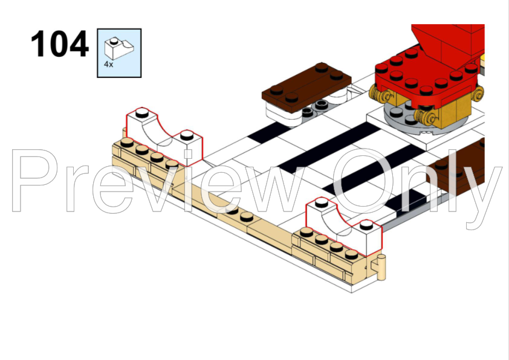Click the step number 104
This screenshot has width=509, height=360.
(x=59, y=43)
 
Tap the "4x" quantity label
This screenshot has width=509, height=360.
(x=108, y=64)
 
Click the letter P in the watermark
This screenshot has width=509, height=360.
(x=34, y=181)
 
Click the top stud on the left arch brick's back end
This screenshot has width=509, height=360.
(x=142, y=112)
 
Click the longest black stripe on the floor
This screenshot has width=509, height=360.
(x=328, y=147)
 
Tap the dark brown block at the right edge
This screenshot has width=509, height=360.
(x=458, y=167)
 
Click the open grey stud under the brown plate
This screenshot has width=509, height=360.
(x=322, y=104)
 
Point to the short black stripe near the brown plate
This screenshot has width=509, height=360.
(x=270, y=133)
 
